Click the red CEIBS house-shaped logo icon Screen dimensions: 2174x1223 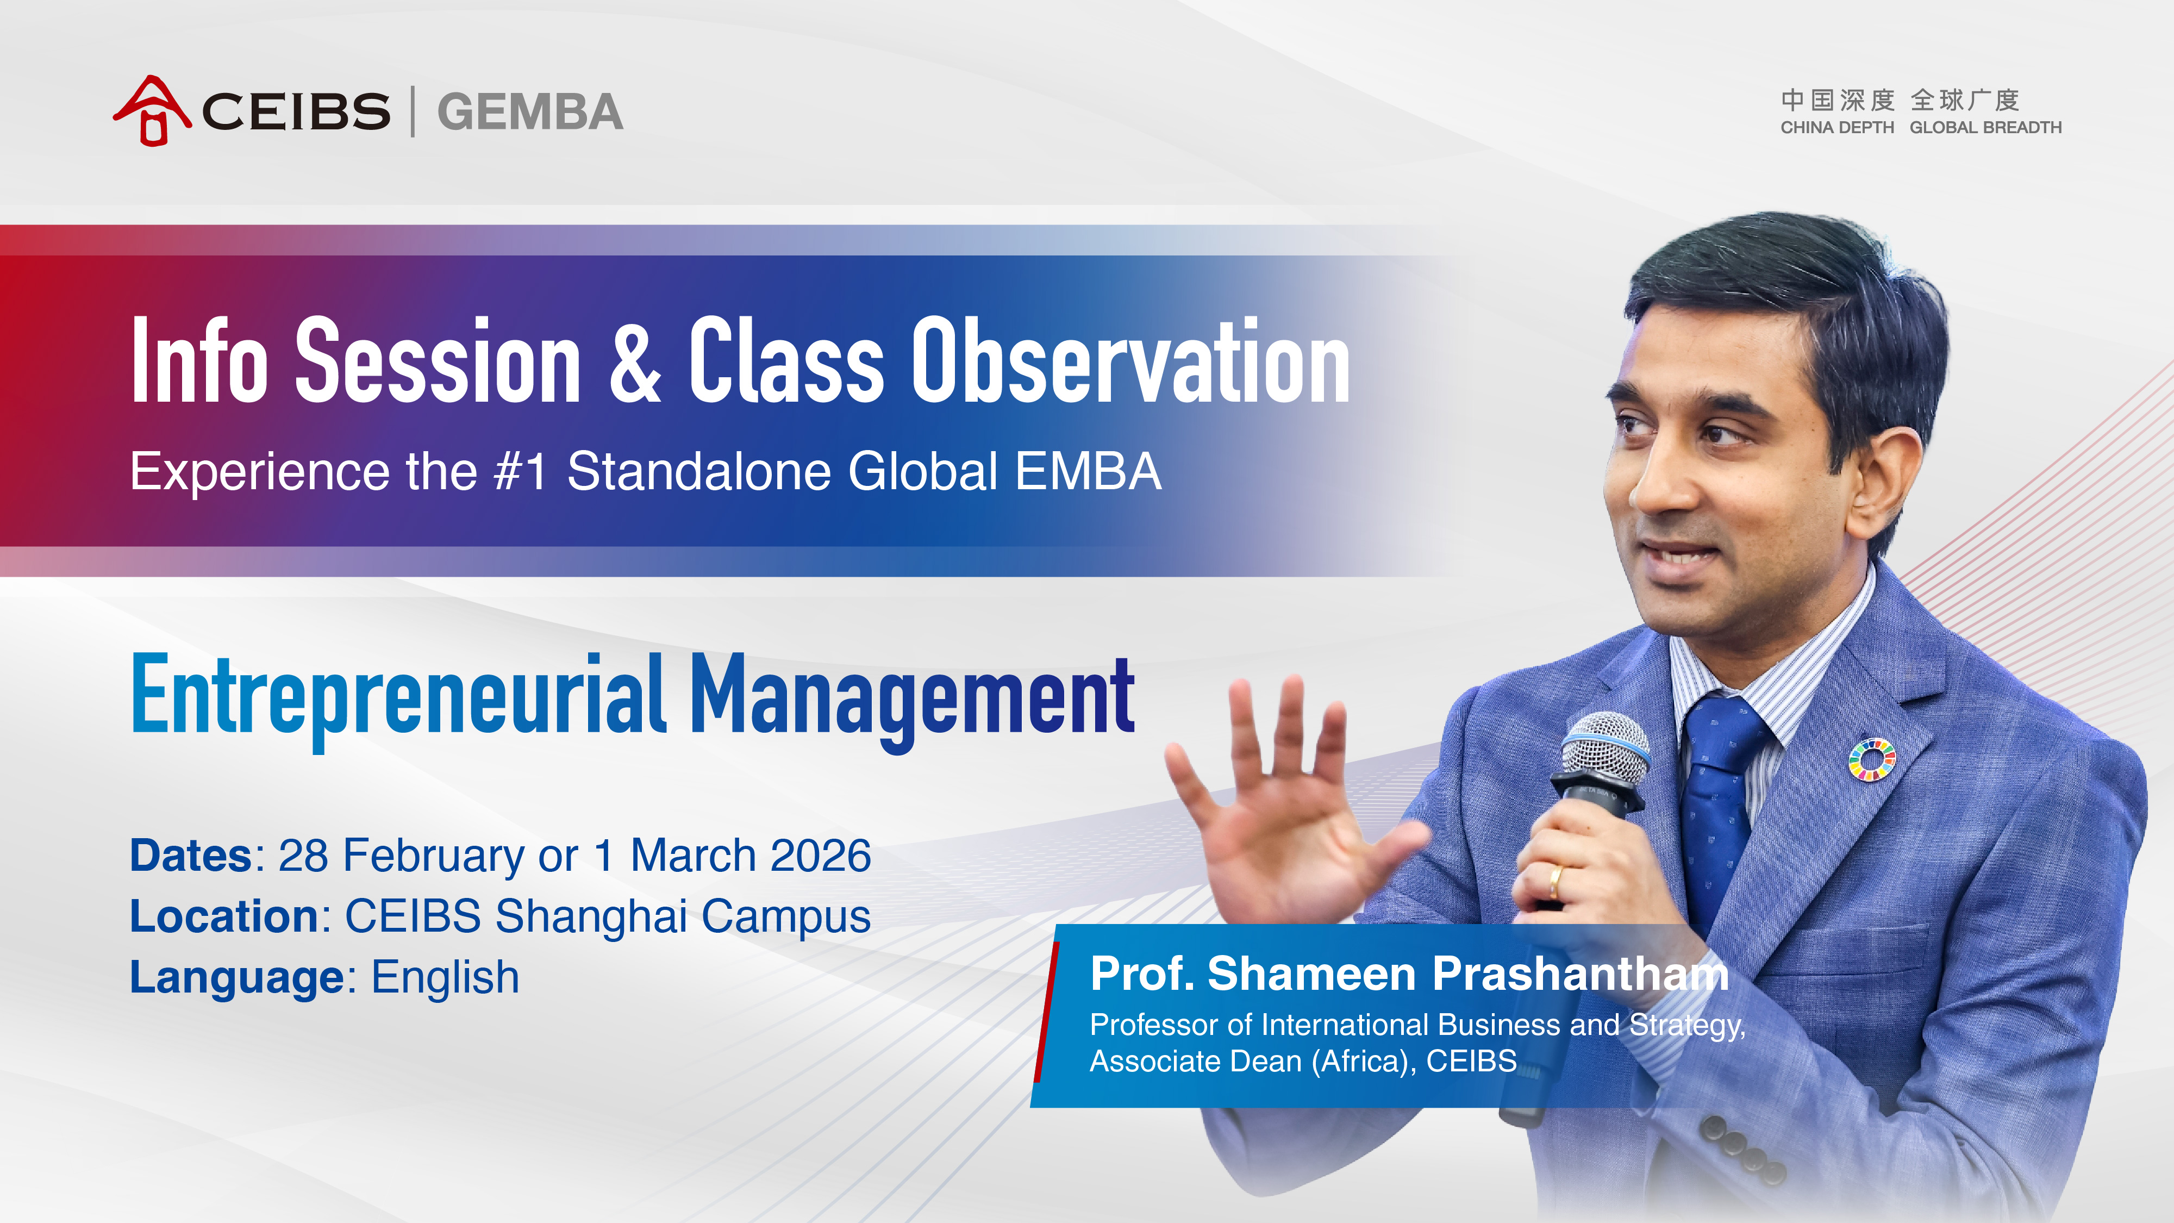click(152, 110)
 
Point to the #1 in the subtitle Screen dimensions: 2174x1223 click(521, 471)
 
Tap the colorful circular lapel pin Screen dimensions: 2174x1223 click(1872, 760)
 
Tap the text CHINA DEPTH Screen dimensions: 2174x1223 click(1837, 127)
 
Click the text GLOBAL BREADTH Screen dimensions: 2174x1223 click(1986, 127)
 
